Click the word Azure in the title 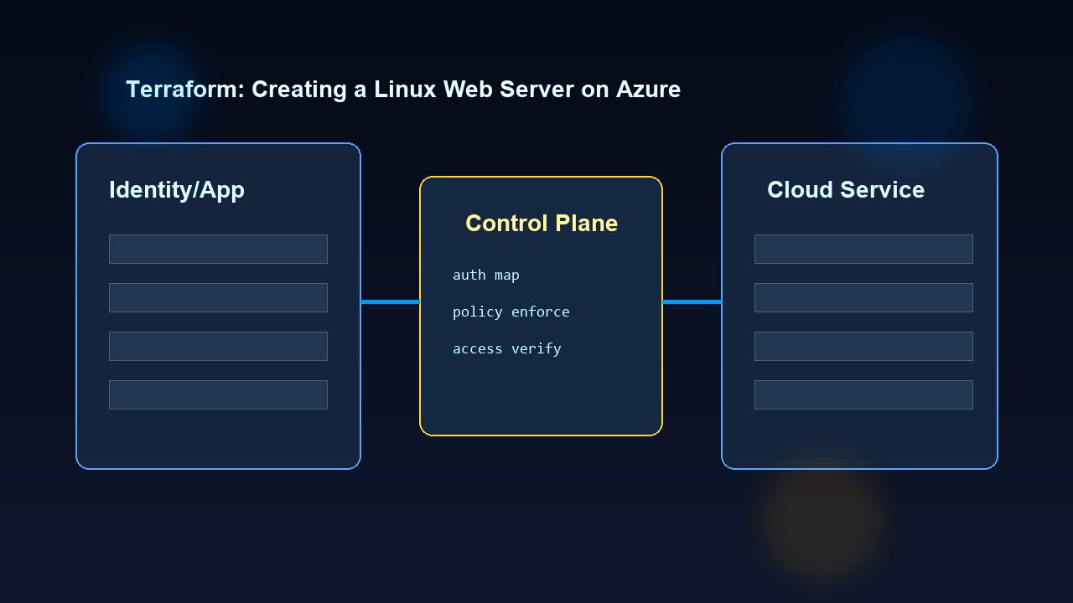tap(648, 90)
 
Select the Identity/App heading tap(177, 190)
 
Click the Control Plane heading tap(542, 224)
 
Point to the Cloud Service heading tap(845, 190)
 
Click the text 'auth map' tap(485, 275)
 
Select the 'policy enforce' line tap(511, 312)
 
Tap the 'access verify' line tap(506, 348)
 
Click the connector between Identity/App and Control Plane tap(390, 301)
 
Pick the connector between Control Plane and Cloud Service tap(692, 301)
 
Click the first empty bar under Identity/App tap(218, 249)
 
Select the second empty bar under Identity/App tap(218, 297)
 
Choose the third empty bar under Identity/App tap(218, 346)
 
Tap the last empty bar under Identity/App tap(218, 394)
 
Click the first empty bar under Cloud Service tap(863, 249)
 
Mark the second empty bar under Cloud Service tap(863, 297)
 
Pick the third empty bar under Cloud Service tap(863, 346)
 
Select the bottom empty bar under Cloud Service tap(863, 394)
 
